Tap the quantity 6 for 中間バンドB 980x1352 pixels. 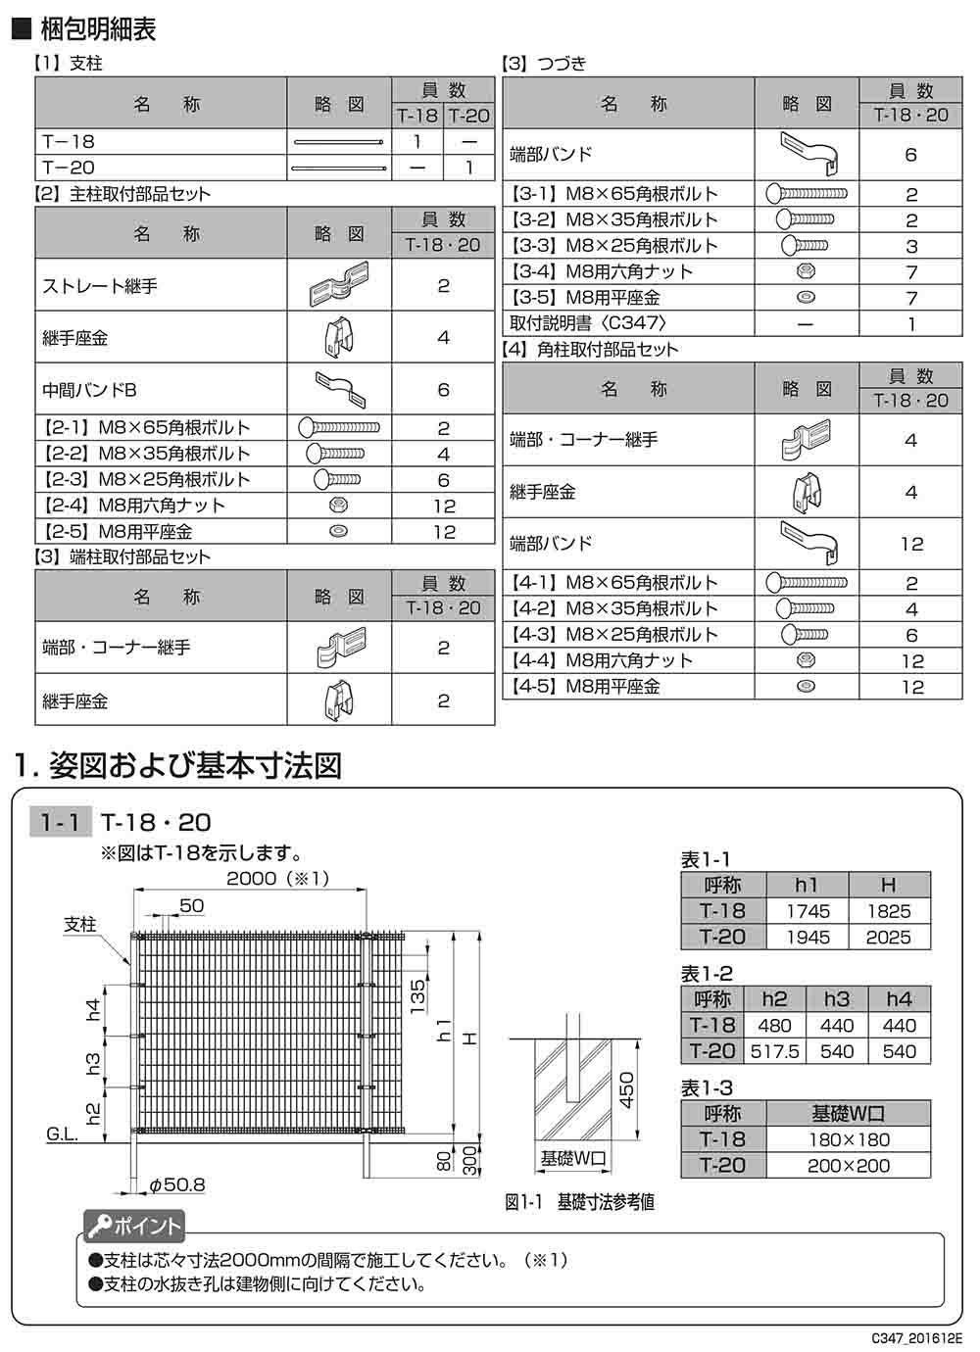pos(443,390)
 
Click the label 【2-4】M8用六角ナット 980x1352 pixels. pos(134,506)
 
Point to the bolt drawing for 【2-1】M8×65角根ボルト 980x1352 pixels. pos(338,427)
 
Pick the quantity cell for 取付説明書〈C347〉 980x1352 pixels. pos(910,323)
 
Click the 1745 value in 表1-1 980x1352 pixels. pos(807,911)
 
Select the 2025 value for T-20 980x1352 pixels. pos(888,938)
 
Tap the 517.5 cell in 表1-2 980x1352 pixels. pos(774,1051)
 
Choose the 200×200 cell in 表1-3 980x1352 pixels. pos(849,1166)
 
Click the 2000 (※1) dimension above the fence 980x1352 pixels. pos(277,878)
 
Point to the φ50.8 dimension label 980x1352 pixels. pos(176,1185)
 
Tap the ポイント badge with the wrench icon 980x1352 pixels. pos(133,1226)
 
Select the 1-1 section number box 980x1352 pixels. pos(61,821)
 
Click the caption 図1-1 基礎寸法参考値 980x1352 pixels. pos(579,1201)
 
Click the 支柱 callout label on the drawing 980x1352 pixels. pos(80,924)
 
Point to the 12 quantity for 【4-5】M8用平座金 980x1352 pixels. pos(911,687)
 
